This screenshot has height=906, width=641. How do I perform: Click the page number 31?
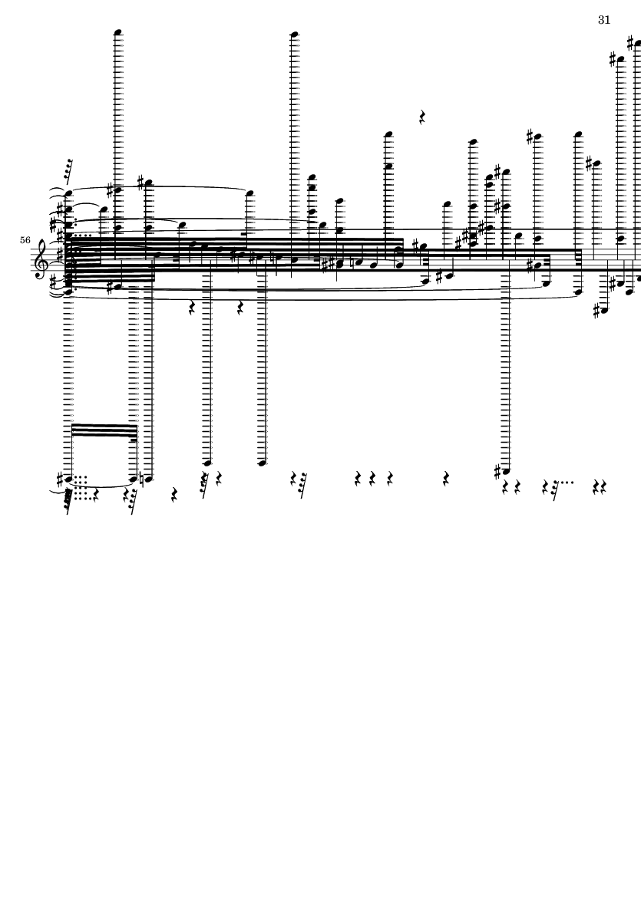click(603, 20)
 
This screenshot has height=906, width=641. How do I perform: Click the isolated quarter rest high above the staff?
click(422, 117)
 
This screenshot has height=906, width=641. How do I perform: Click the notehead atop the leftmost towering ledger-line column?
click(118, 32)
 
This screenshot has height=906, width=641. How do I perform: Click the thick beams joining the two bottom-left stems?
click(104, 430)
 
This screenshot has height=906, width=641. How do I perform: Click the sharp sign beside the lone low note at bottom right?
click(497, 469)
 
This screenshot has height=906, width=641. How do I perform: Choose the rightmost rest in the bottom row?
click(604, 486)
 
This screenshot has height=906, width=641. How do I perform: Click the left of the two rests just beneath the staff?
click(192, 308)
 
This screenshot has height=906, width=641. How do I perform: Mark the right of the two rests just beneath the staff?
click(240, 308)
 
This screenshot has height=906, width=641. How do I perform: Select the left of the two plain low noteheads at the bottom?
click(207, 463)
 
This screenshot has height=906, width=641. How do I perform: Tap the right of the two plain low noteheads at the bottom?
click(262, 463)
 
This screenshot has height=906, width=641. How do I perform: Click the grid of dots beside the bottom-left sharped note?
click(81, 482)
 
